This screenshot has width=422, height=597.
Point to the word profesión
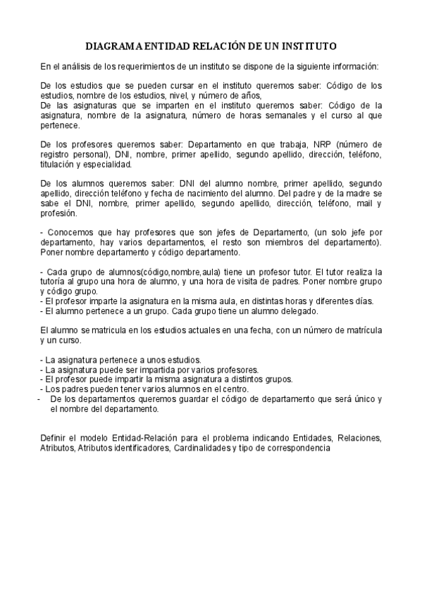(x=59, y=213)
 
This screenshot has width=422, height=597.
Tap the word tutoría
(x=56, y=281)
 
